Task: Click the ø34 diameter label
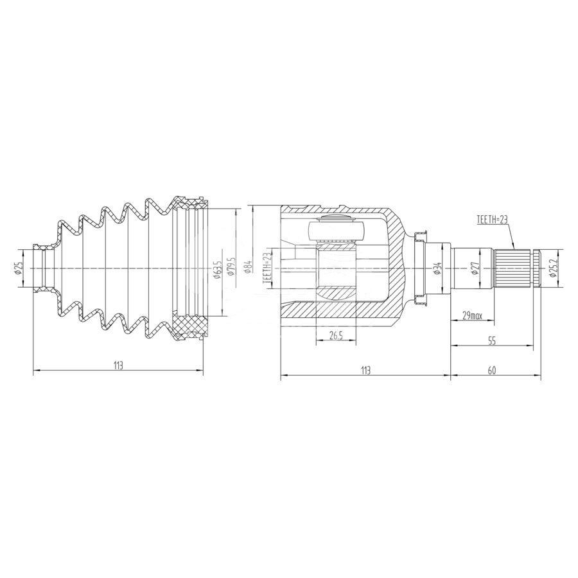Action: (x=437, y=268)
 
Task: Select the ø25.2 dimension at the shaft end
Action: (x=552, y=268)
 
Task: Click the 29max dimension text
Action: (x=472, y=316)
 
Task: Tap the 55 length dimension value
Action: (x=492, y=341)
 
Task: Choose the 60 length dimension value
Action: (x=492, y=371)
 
